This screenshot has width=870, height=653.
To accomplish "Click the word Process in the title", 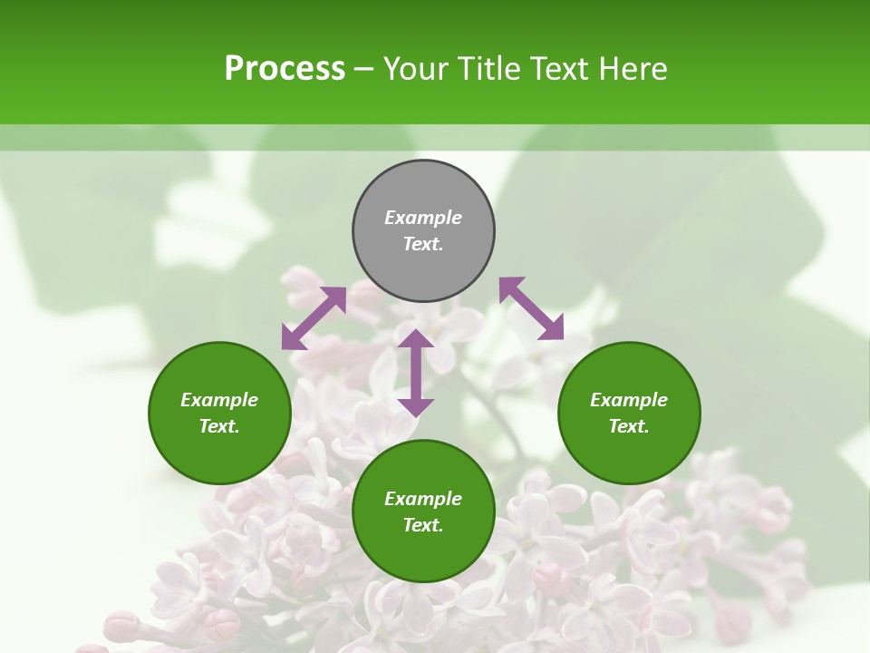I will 285,69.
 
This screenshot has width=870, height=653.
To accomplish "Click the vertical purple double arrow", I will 416,373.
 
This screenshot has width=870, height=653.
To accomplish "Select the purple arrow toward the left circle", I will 314,318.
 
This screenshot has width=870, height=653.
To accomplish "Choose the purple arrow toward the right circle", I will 532,308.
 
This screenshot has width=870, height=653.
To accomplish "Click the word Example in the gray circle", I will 423,218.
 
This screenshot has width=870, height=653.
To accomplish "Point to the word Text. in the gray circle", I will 423,244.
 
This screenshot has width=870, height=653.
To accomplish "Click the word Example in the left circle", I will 219,400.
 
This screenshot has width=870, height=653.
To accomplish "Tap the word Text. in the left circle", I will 219,426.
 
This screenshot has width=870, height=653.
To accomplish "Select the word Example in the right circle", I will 629,400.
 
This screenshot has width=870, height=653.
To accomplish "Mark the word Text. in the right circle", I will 629,426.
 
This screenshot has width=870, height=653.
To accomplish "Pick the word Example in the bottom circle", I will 423,499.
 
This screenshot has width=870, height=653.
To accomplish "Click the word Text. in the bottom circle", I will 423,525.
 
